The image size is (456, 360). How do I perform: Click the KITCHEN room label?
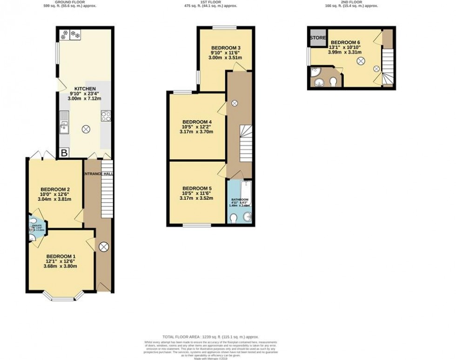[86, 88]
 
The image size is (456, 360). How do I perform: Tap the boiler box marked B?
[64, 153]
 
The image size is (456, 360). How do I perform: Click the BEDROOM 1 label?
[60, 257]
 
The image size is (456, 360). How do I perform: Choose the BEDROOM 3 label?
[226, 48]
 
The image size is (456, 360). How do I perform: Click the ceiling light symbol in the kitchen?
[86, 129]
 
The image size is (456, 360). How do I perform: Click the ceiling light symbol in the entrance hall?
[104, 246]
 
